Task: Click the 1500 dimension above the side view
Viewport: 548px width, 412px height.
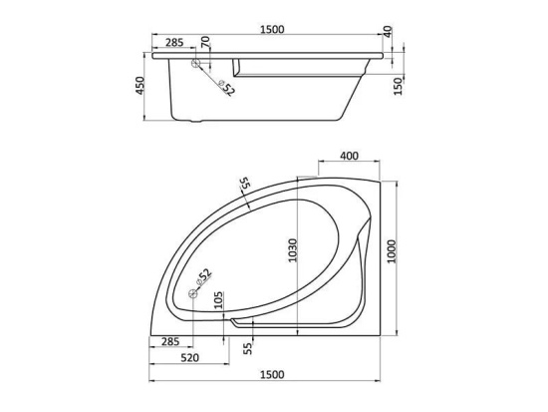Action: tap(272, 29)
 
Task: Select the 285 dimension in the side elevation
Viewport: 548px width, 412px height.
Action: tap(174, 42)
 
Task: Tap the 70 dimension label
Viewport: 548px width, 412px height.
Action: tap(205, 42)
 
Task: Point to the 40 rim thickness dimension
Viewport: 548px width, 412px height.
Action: tap(389, 32)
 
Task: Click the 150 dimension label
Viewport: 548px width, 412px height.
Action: tap(399, 86)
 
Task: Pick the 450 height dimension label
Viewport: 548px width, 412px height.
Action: tap(139, 86)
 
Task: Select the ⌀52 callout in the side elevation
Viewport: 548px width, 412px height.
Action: tap(226, 89)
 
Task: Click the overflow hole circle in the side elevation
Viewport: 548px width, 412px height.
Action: tap(195, 63)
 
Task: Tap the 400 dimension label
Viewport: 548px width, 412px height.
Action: tap(349, 156)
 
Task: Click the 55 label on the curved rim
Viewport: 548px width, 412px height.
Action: tap(244, 184)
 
